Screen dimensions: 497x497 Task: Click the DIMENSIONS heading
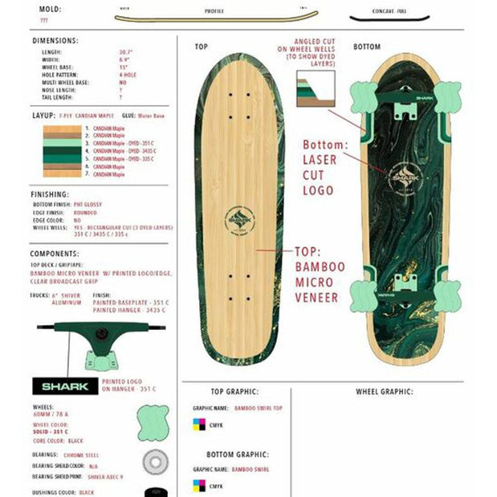(55, 40)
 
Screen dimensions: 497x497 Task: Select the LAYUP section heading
(43, 115)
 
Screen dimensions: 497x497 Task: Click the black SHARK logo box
(64, 386)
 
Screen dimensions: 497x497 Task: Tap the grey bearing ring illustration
(153, 462)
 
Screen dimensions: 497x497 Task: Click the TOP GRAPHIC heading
(234, 393)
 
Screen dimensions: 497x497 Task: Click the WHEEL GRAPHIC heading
(385, 393)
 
